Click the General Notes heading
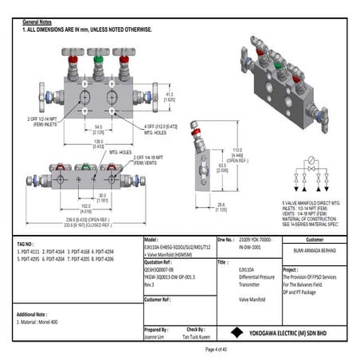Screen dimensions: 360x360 click(37, 22)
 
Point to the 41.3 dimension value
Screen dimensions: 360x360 click(168, 96)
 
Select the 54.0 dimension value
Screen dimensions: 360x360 click(98, 127)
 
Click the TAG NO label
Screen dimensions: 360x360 click(26, 241)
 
